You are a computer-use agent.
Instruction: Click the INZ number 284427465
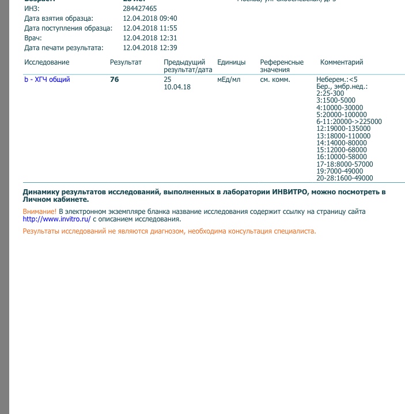[140, 9]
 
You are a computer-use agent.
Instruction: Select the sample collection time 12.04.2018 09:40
[150, 18]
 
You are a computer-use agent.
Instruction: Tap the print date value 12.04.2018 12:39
[150, 48]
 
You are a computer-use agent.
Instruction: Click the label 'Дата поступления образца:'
[68, 28]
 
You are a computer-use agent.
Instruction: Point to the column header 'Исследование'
[47, 62]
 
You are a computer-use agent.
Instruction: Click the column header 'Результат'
[126, 62]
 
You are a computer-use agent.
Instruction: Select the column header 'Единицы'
[232, 62]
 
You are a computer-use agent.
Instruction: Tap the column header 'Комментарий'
[342, 62]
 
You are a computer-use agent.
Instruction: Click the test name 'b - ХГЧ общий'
[47, 80]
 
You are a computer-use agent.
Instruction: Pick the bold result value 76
[114, 80]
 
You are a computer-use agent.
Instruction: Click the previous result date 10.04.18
[177, 86]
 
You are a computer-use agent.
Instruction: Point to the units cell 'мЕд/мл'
[229, 80]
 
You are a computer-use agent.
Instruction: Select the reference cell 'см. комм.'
[275, 80]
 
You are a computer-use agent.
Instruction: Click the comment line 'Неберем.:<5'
[337, 79]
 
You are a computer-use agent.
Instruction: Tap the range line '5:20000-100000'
[342, 114]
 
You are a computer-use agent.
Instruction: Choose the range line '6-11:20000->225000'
[349, 122]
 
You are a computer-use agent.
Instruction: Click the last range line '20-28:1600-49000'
[345, 178]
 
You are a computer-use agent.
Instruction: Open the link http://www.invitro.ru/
[56, 219]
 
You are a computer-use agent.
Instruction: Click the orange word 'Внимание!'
[40, 212]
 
